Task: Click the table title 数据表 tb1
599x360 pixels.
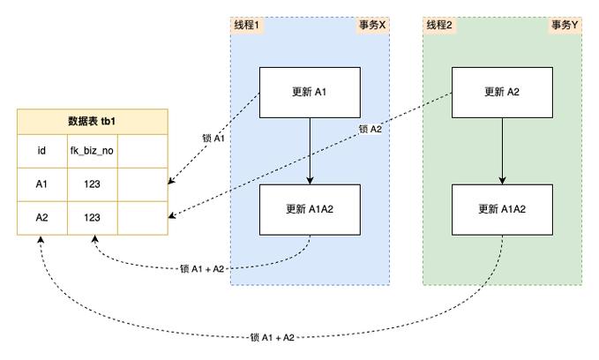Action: tap(92, 122)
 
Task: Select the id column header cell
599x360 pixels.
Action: tap(41, 151)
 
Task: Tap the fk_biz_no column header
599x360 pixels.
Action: tap(92, 151)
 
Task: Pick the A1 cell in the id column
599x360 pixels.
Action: tap(41, 184)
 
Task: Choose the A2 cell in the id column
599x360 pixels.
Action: tap(41, 217)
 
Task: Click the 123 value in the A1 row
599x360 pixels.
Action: tap(92, 184)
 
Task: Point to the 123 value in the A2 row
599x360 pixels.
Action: tap(92, 217)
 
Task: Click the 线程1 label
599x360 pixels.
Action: tap(246, 26)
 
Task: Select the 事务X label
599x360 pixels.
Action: tap(372, 26)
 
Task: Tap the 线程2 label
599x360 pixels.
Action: tap(439, 26)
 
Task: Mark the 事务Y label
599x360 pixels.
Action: tap(565, 26)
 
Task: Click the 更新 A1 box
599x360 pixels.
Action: tap(309, 92)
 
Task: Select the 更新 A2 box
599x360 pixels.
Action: tap(502, 92)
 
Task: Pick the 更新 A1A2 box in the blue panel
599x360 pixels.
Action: tap(309, 209)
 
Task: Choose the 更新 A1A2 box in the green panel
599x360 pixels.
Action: tap(502, 209)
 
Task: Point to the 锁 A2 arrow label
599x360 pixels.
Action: tap(371, 130)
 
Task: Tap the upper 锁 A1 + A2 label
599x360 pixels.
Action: tap(201, 268)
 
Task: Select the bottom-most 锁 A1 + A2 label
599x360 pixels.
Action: tap(272, 337)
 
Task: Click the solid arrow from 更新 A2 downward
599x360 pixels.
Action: tap(502, 150)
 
